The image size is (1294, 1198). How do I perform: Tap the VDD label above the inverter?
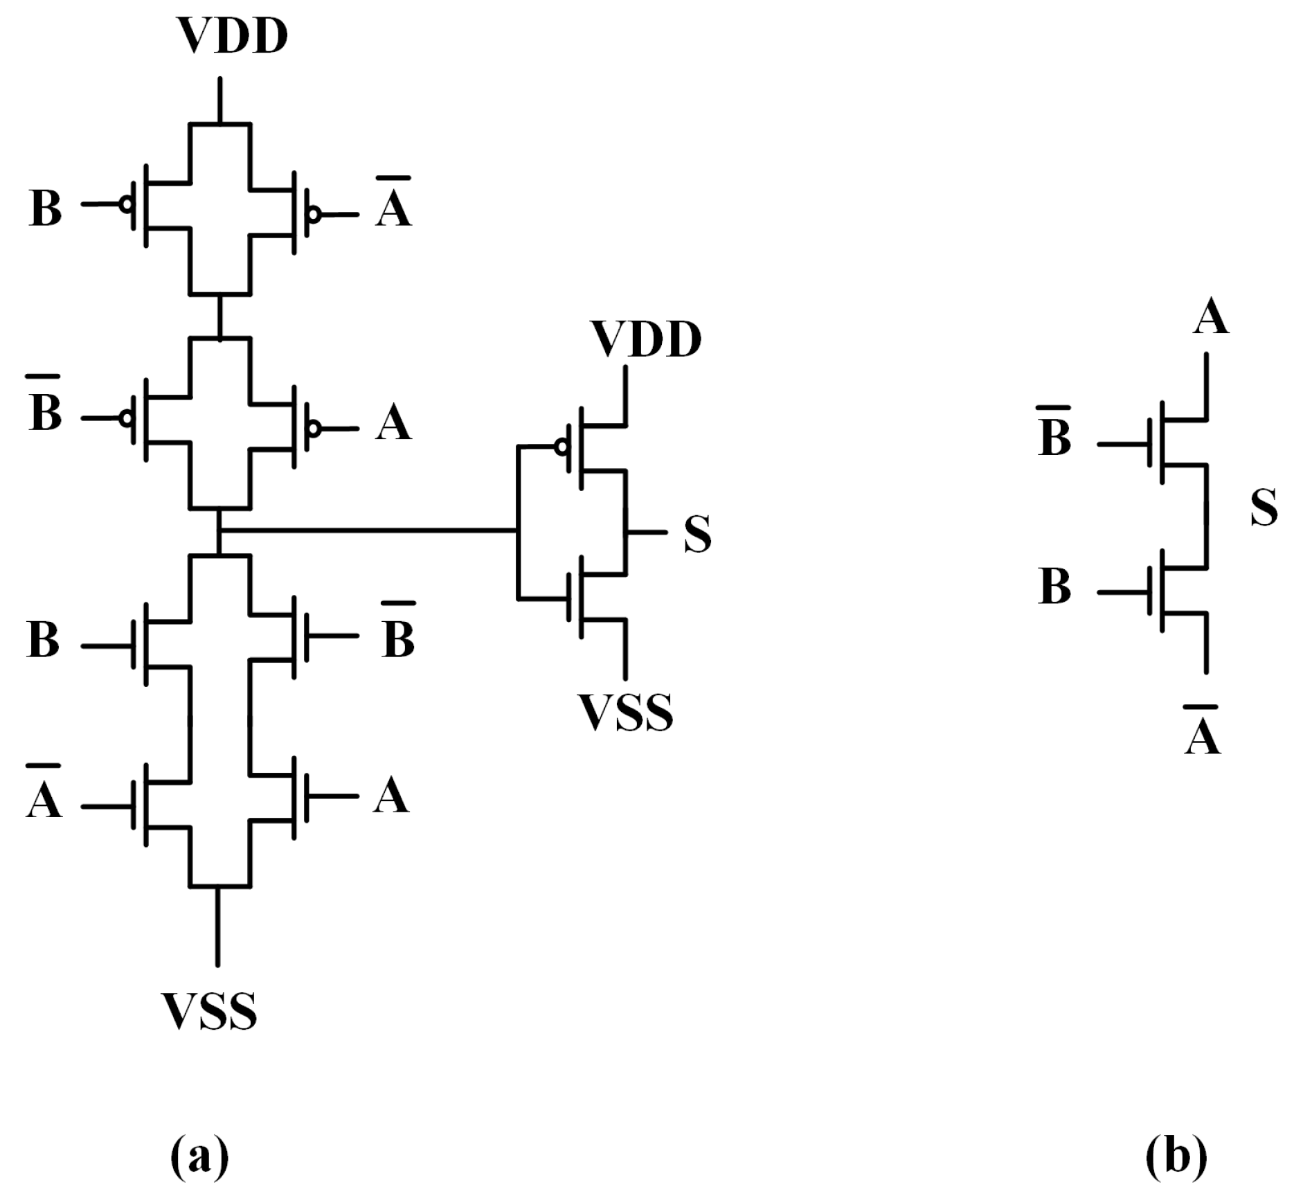pyautogui.click(x=646, y=340)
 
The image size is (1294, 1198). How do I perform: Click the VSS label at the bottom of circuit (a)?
pyautogui.click(x=209, y=1011)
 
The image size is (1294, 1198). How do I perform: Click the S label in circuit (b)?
pyautogui.click(x=1264, y=508)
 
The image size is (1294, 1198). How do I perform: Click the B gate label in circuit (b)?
pyautogui.click(x=1054, y=586)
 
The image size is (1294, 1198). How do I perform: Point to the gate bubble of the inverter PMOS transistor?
pyautogui.click(x=561, y=447)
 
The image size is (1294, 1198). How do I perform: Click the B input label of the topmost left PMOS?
pyautogui.click(x=46, y=208)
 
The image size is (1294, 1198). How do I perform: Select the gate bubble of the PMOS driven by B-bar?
pyautogui.click(x=126, y=418)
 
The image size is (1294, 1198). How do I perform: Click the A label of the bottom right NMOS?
pyautogui.click(x=391, y=796)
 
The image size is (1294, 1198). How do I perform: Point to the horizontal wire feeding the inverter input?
pyautogui.click(x=367, y=531)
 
